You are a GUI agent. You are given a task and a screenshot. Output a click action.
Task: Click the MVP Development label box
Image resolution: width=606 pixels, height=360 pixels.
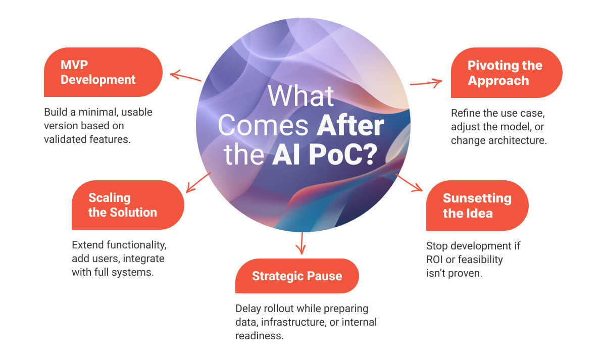point(103,72)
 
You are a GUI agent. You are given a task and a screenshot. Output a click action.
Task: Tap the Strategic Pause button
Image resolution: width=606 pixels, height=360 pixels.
point(297,276)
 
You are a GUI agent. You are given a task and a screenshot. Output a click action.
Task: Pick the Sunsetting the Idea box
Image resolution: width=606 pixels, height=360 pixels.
point(477,205)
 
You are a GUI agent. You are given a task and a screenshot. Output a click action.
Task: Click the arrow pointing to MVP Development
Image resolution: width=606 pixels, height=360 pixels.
point(185,77)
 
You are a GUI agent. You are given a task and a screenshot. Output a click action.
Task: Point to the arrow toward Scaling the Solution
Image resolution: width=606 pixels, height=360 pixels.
point(197,182)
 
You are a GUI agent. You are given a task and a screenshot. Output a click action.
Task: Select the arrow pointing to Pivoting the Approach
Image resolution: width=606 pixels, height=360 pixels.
point(426,82)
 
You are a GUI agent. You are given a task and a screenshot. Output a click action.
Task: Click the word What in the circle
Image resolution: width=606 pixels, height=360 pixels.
point(300,96)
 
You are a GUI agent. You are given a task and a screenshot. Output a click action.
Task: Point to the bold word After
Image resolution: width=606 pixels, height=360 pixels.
point(350,126)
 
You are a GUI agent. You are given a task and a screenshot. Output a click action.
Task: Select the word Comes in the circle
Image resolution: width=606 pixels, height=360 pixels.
point(264,126)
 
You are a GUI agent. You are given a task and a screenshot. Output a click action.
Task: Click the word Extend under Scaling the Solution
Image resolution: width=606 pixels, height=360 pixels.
point(89,245)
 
